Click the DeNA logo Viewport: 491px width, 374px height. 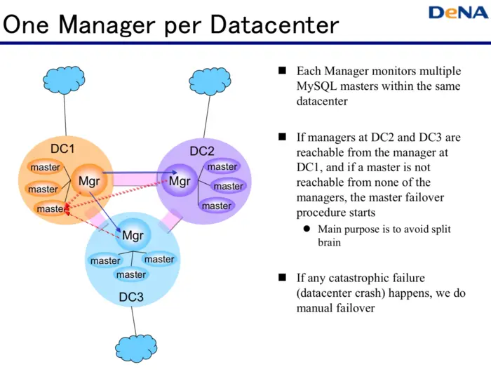tap(454, 13)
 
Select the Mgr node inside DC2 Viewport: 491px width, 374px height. tap(180, 181)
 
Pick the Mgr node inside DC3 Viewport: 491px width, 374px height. tap(133, 236)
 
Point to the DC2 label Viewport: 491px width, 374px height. tap(202, 151)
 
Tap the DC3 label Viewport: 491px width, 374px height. tap(130, 297)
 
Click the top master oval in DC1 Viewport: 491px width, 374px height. tap(45, 168)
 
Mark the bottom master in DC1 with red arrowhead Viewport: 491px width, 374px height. tap(49, 208)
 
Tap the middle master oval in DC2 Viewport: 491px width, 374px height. tap(228, 186)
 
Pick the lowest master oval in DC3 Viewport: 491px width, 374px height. tap(131, 274)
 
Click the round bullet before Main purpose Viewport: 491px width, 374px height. tap(307, 229)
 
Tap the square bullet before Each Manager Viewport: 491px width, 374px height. tap(283, 71)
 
